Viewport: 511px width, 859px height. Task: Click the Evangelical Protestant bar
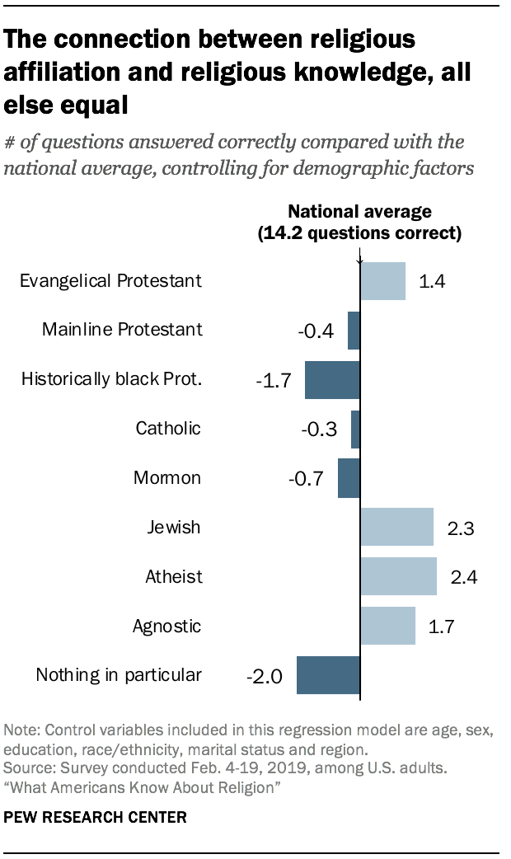(x=382, y=281)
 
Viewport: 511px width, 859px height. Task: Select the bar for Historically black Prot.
(x=332, y=380)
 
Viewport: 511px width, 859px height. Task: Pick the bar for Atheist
(x=398, y=576)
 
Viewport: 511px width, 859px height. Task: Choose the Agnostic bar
(x=387, y=626)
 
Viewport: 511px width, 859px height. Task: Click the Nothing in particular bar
(x=328, y=675)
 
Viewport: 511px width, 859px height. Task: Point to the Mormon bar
(x=349, y=478)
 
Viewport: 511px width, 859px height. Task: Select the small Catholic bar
(x=355, y=429)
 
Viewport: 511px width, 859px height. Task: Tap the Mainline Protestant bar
(x=354, y=331)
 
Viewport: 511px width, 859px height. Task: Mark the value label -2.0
(x=265, y=677)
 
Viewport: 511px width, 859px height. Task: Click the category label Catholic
(x=168, y=429)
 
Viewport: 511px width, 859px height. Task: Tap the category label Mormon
(x=167, y=478)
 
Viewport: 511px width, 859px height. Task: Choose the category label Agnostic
(x=166, y=626)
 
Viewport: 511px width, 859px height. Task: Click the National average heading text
(x=359, y=212)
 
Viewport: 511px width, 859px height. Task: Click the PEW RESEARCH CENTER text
(x=96, y=818)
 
